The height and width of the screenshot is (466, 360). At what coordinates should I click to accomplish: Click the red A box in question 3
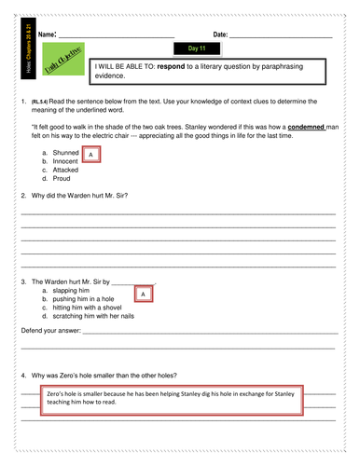tap(142, 295)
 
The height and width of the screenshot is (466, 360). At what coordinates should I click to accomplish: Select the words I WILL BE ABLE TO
tap(126, 68)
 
